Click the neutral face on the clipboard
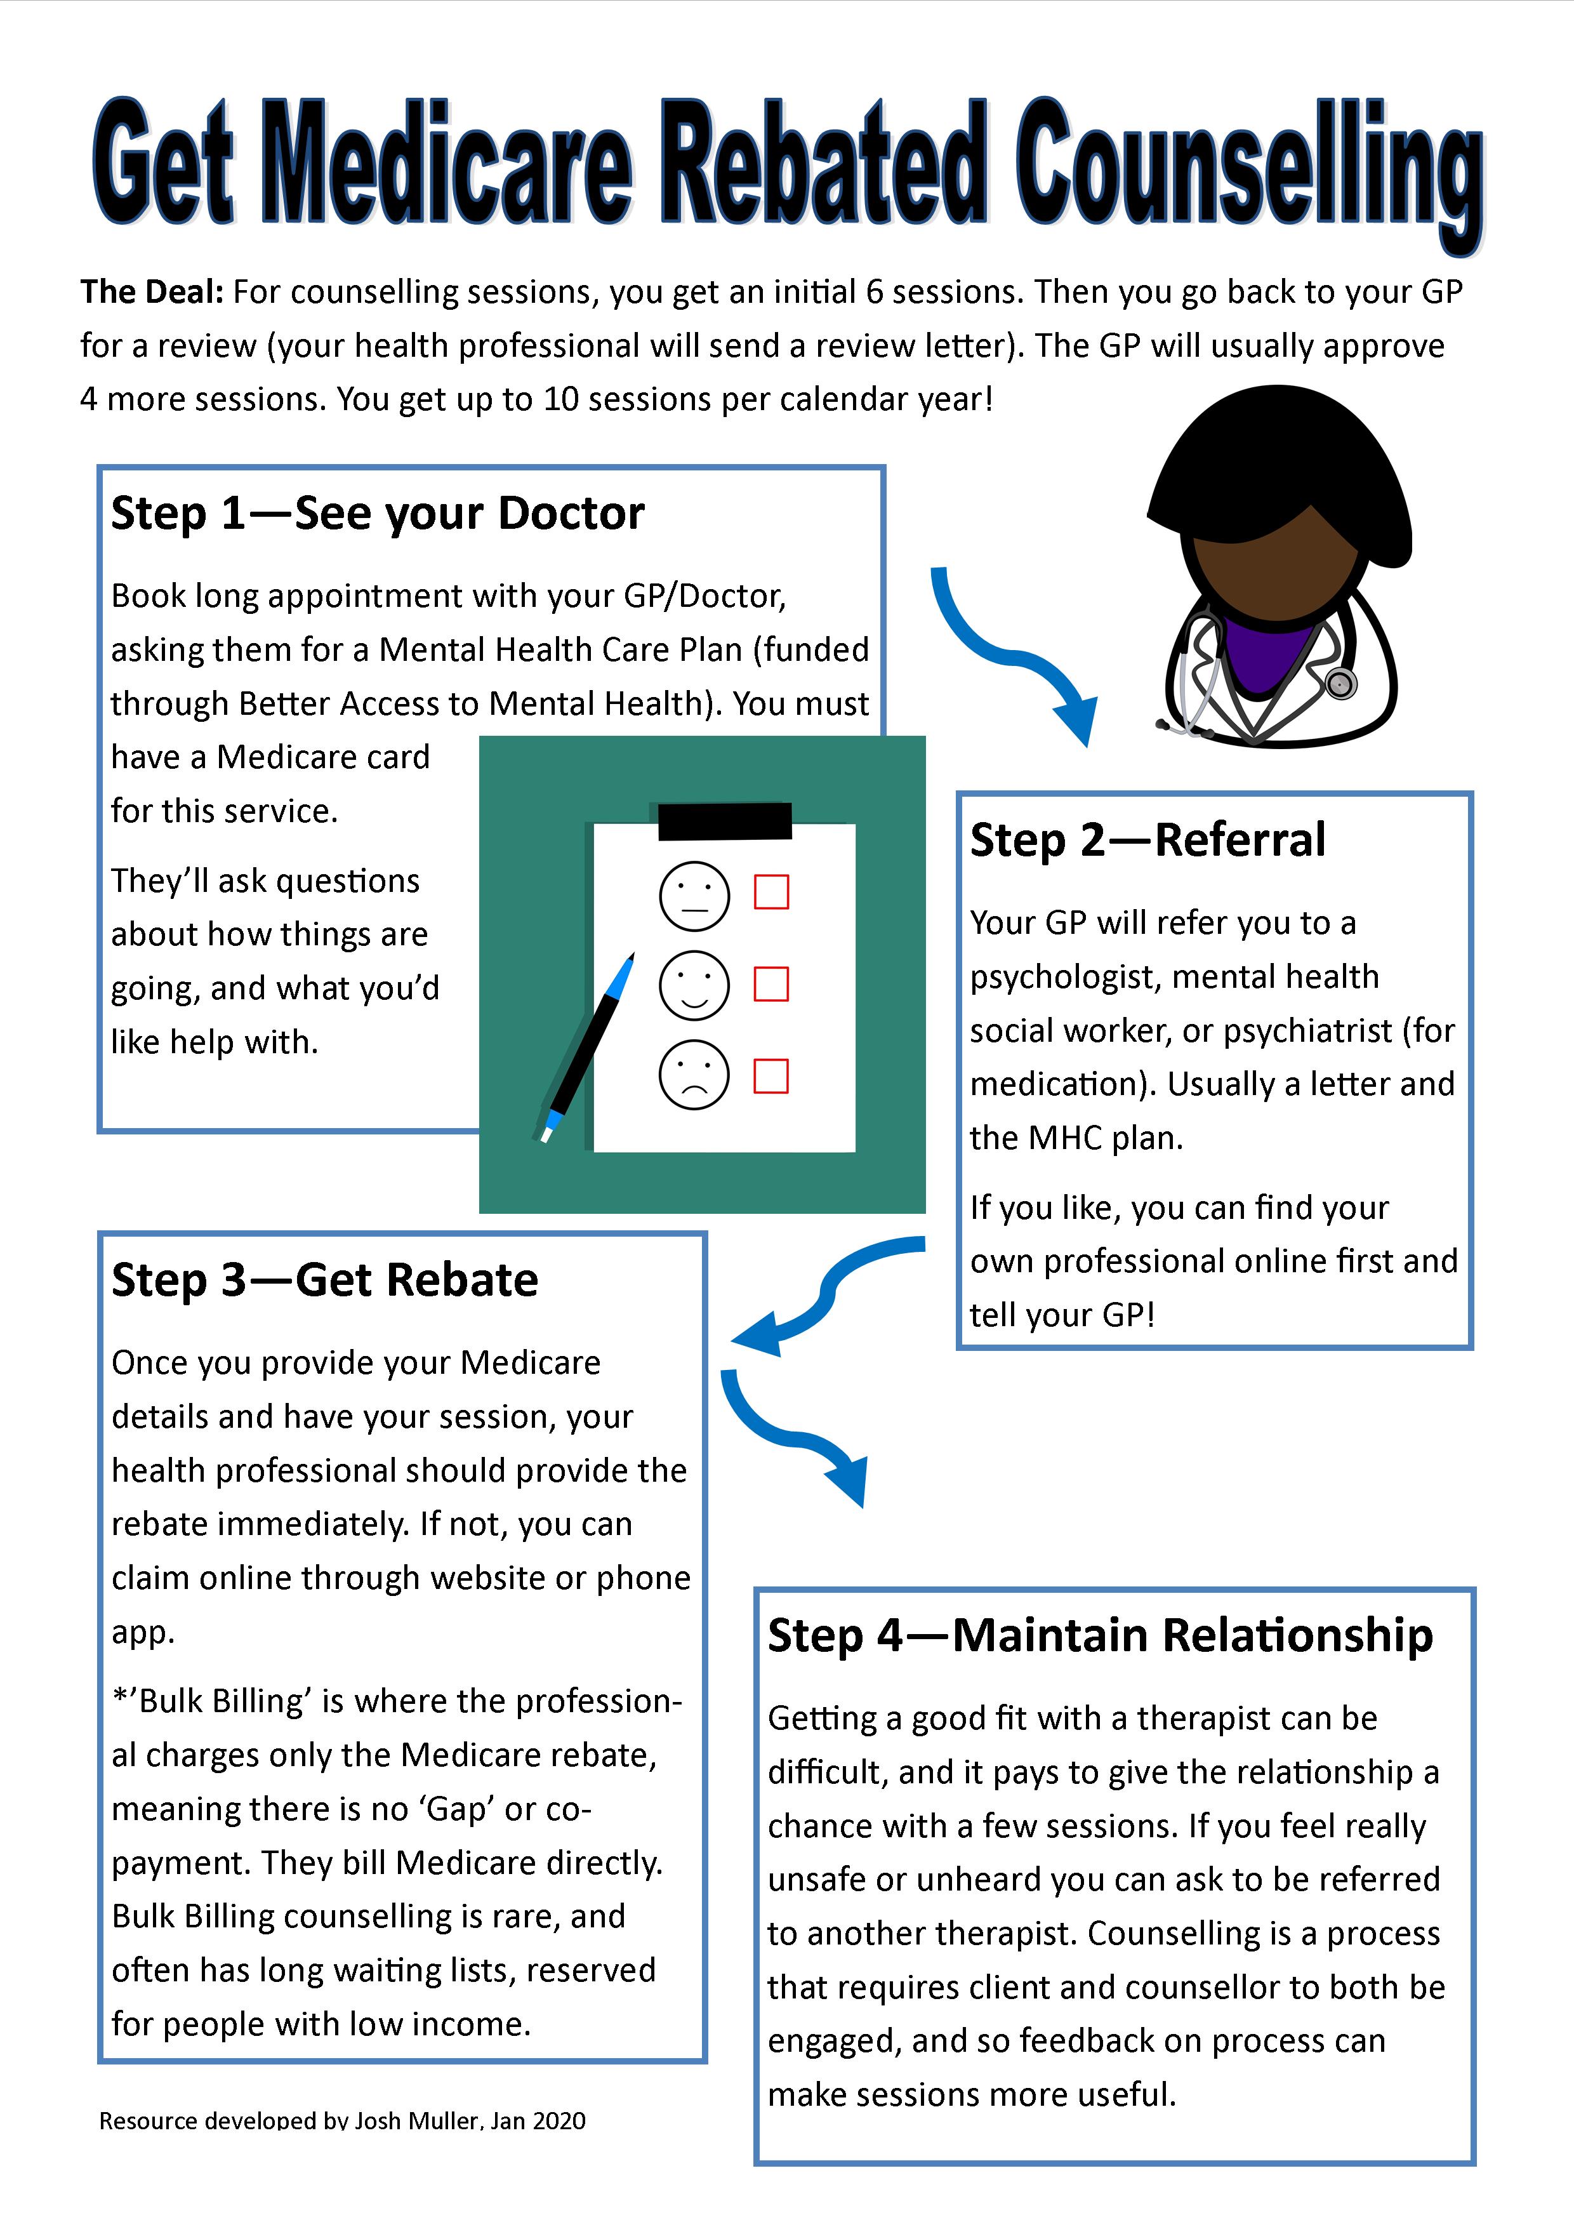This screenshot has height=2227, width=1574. click(x=694, y=895)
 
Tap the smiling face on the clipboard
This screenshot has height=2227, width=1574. click(x=694, y=985)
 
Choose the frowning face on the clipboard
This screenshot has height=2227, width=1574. click(x=694, y=1075)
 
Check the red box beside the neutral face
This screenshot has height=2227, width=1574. click(x=771, y=893)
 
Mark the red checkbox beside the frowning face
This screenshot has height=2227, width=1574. click(x=771, y=1075)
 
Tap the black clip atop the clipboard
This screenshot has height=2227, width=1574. click(x=724, y=821)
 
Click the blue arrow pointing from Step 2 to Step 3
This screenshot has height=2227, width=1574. click(x=825, y=1295)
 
